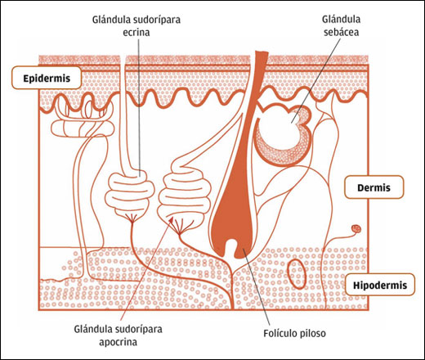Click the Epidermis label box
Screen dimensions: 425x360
coord(47,78)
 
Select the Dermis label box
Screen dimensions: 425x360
coord(374,187)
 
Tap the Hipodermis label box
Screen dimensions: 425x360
coord(380,285)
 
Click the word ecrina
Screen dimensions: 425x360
coord(136,33)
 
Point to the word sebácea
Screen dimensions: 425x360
coord(341,32)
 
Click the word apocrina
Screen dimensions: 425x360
coord(118,342)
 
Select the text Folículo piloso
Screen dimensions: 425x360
coord(294,333)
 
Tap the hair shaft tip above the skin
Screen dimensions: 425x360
coord(262,52)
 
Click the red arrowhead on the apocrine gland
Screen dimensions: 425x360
coord(171,219)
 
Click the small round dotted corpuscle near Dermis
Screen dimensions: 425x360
coord(356,228)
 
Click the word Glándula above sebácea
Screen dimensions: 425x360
coord(341,20)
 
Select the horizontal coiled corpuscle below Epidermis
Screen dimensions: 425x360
coord(83,128)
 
